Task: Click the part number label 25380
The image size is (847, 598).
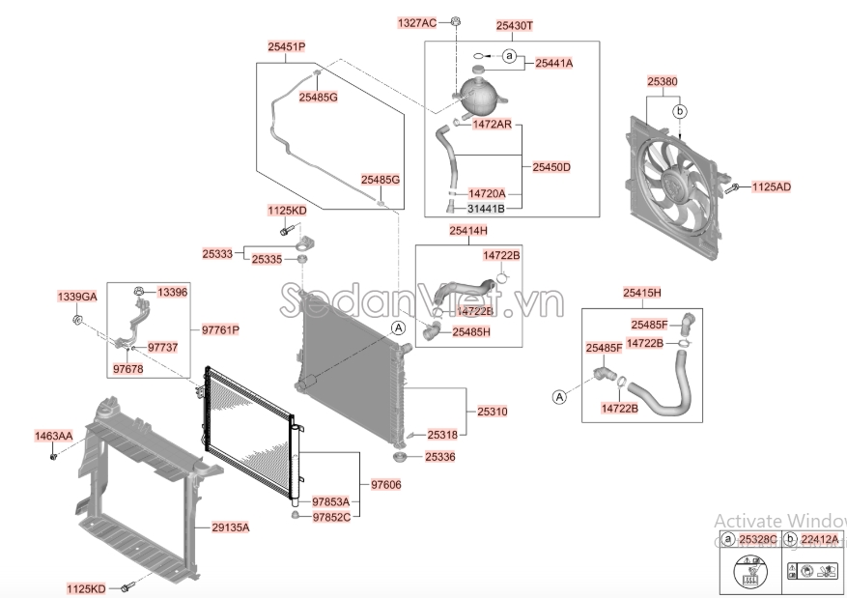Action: coord(663,81)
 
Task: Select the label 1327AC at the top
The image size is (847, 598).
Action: coord(416,22)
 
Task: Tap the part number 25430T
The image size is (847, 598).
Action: coord(514,25)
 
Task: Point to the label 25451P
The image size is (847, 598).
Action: coord(286,47)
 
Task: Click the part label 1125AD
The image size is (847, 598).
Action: coord(772,186)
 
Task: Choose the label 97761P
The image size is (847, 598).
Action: coord(220,329)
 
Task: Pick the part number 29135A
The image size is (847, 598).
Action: coord(230,527)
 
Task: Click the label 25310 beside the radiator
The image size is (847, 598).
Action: coord(493,412)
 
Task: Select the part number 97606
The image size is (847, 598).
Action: coord(386,485)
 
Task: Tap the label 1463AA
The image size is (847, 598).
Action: coord(53,436)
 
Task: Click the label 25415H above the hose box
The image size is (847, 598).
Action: coord(641,293)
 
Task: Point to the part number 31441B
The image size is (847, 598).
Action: coord(486,208)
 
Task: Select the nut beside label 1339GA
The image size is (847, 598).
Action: coord(76,320)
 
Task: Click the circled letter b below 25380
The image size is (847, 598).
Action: coord(680,112)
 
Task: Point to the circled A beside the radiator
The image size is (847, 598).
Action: coord(398,327)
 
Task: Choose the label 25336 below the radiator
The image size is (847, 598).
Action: coord(439,457)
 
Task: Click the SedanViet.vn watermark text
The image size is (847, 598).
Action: coord(422,301)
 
